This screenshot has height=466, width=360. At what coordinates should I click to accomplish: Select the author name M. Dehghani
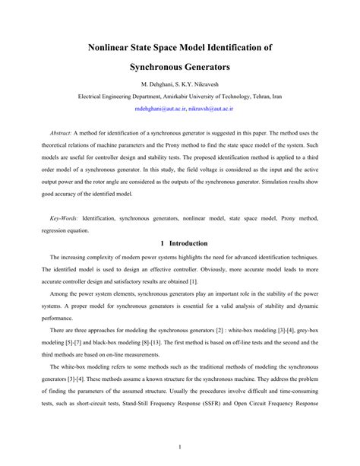(158, 84)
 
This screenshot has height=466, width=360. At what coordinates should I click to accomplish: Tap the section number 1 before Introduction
(162, 243)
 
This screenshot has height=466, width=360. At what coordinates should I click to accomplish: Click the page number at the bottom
(180, 447)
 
